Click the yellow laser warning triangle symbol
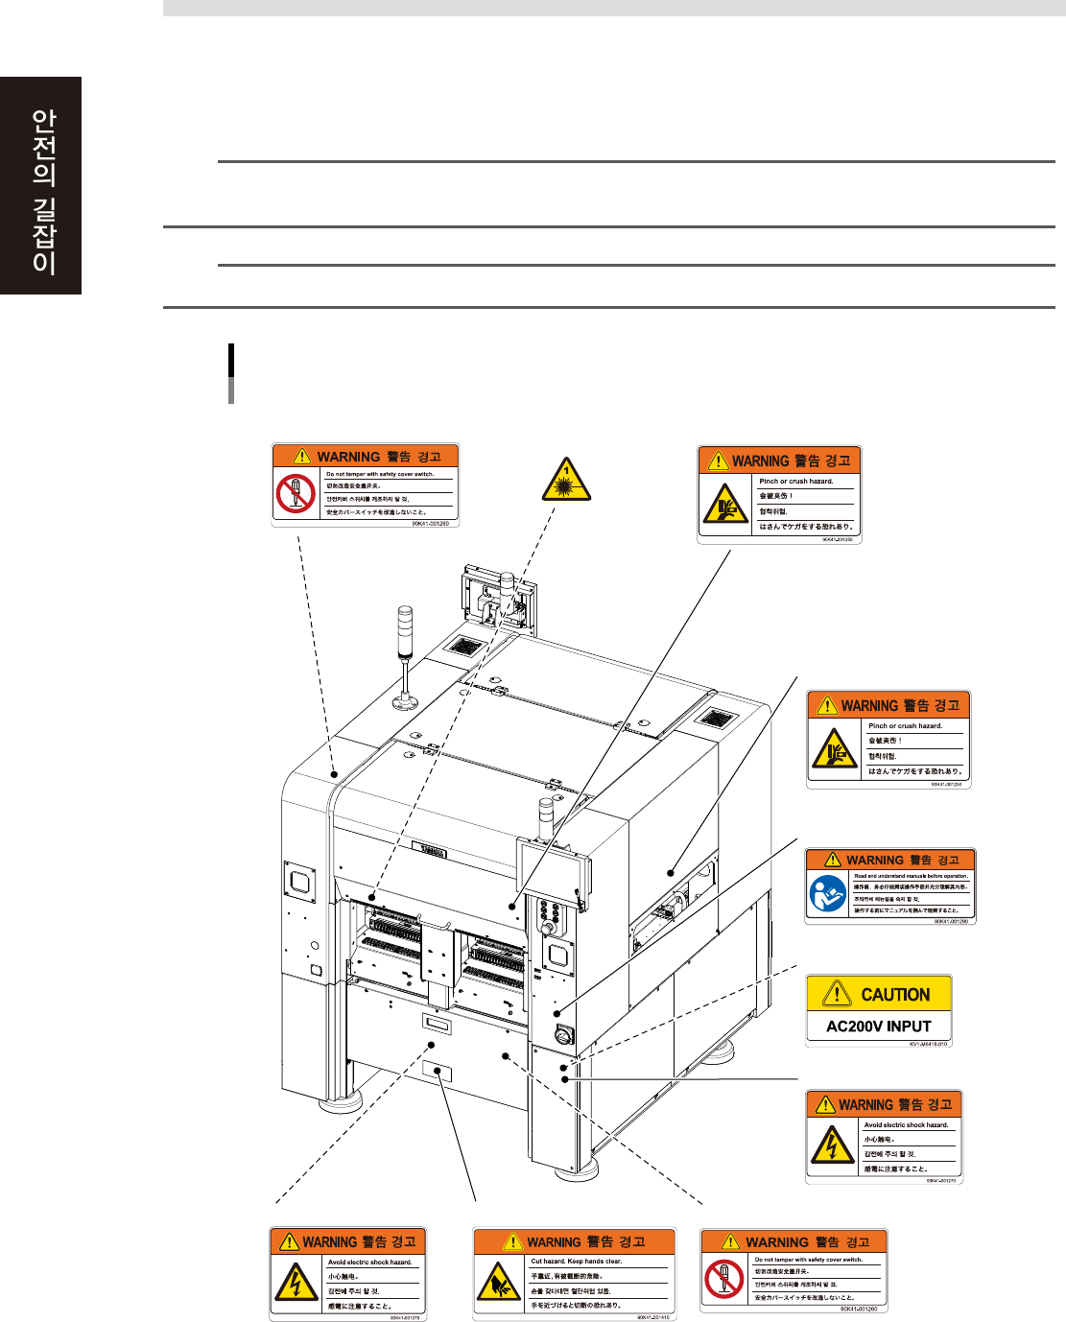pyautogui.click(x=566, y=481)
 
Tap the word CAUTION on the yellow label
pyautogui.click(x=895, y=995)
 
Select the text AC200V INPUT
pyautogui.click(x=878, y=1027)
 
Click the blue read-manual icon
pyautogui.click(x=827, y=894)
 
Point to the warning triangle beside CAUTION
pyautogui.click(x=837, y=993)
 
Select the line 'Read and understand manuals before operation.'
pyautogui.click(x=911, y=876)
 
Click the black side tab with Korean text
pyautogui.click(x=41, y=186)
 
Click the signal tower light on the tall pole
pyautogui.click(x=405, y=624)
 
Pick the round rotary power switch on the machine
pyautogui.click(x=563, y=1035)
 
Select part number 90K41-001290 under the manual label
pyautogui.click(x=950, y=921)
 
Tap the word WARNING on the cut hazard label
pyautogui.click(x=554, y=1241)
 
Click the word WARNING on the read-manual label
pyautogui.click(x=874, y=860)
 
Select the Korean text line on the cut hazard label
pyautogui.click(x=570, y=1290)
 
